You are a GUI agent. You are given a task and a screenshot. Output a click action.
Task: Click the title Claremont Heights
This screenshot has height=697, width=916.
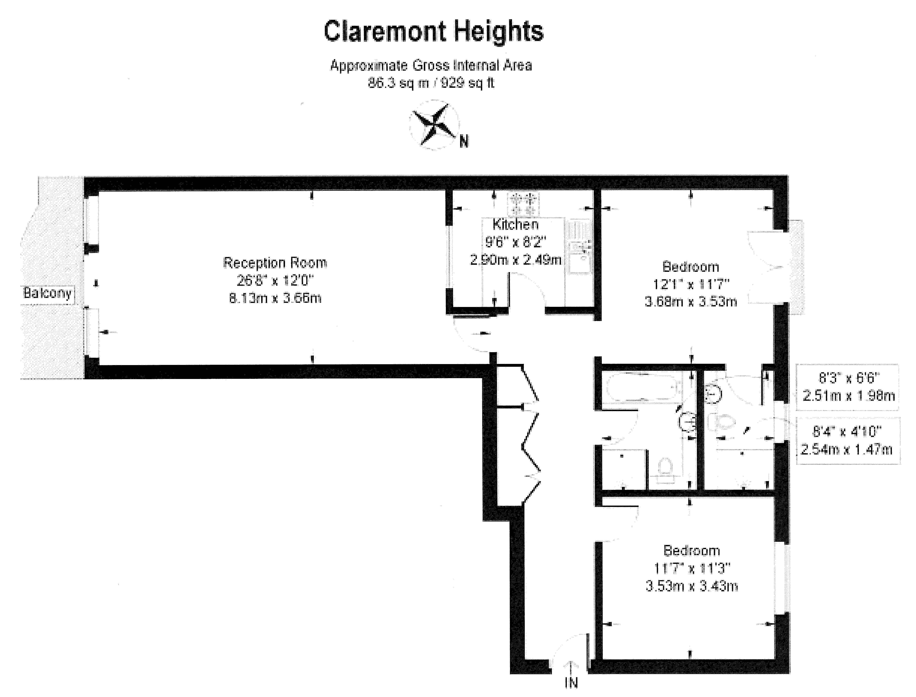point(433,32)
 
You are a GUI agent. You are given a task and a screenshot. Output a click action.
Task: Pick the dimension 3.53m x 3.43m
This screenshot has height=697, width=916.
point(691,586)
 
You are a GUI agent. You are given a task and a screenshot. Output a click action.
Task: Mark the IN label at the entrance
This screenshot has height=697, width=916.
point(572,682)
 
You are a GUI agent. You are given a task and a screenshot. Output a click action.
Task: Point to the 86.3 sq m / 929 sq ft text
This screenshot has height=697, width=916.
point(431,83)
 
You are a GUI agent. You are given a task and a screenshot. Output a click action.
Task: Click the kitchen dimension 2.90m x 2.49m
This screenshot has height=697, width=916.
point(516,260)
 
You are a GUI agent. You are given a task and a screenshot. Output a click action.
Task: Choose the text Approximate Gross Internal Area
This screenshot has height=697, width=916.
point(431,65)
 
